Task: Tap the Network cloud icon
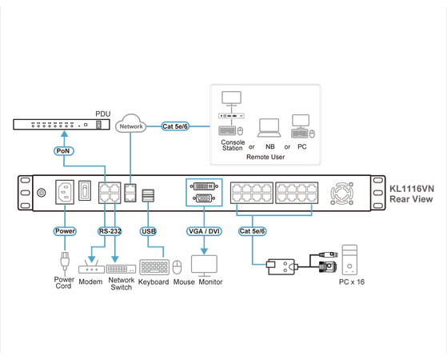[x=130, y=126]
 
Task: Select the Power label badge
[x=65, y=231]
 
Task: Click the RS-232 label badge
[x=111, y=231]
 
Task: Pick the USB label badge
[x=149, y=231]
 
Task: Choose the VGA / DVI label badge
[x=203, y=231]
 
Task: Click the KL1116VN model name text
[x=411, y=189]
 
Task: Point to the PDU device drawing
[x=61, y=125]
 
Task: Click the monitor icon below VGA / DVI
[x=206, y=264]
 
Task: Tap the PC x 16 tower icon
[x=349, y=261]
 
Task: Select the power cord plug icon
[x=63, y=262]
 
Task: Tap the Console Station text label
[x=232, y=144]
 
